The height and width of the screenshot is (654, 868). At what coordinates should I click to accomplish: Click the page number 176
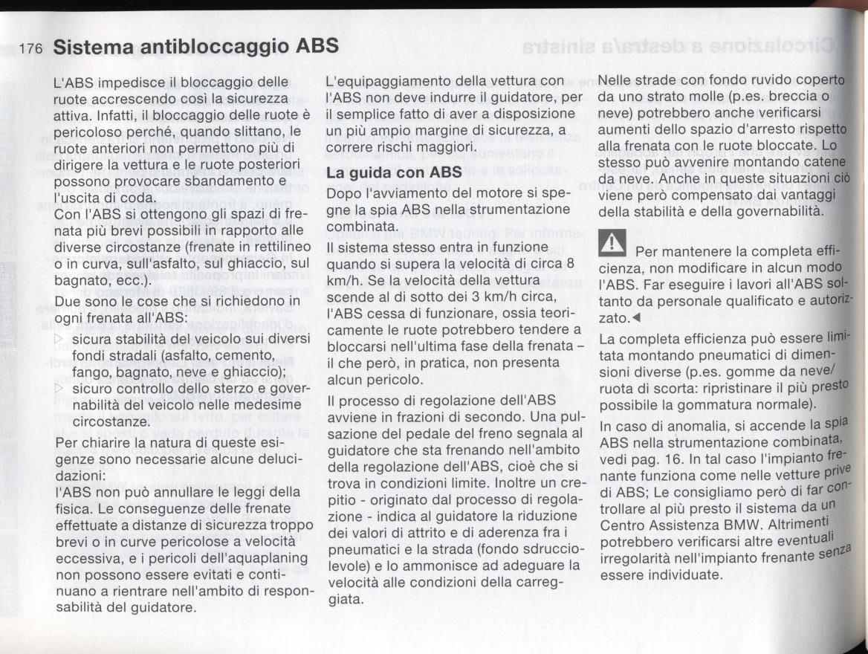[32, 49]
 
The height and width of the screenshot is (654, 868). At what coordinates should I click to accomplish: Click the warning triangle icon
[613, 242]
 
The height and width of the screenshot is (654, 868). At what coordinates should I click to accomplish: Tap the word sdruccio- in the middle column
[544, 549]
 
